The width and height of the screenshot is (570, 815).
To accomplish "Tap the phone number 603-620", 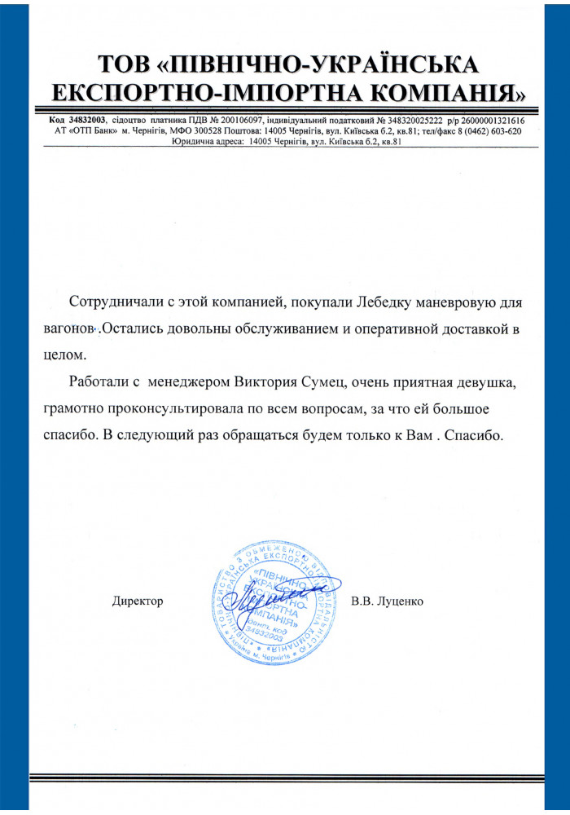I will pyautogui.click(x=502, y=130).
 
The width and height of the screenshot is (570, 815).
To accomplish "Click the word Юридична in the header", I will pyautogui.click(x=195, y=140).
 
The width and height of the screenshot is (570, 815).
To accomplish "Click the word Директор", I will pyautogui.click(x=138, y=601).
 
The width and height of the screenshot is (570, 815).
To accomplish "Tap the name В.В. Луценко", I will pyautogui.click(x=388, y=601).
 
